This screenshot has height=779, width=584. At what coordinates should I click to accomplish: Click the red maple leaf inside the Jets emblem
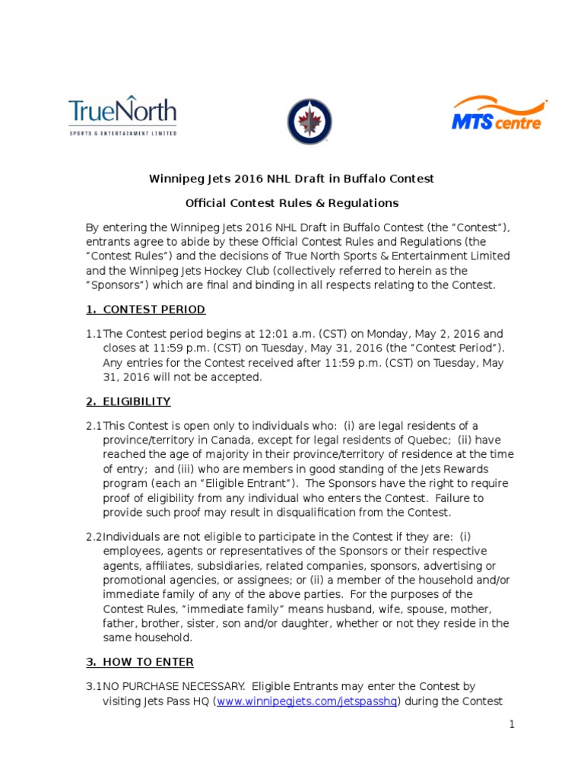[309, 121]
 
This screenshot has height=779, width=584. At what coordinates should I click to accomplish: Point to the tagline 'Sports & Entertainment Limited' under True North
[122, 133]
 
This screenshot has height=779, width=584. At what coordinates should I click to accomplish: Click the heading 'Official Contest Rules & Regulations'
[292, 203]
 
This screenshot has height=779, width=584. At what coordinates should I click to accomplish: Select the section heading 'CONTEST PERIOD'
[144, 310]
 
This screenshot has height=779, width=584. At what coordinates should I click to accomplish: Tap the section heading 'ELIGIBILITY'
[128, 402]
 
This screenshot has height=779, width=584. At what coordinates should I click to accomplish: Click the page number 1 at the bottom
[513, 724]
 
